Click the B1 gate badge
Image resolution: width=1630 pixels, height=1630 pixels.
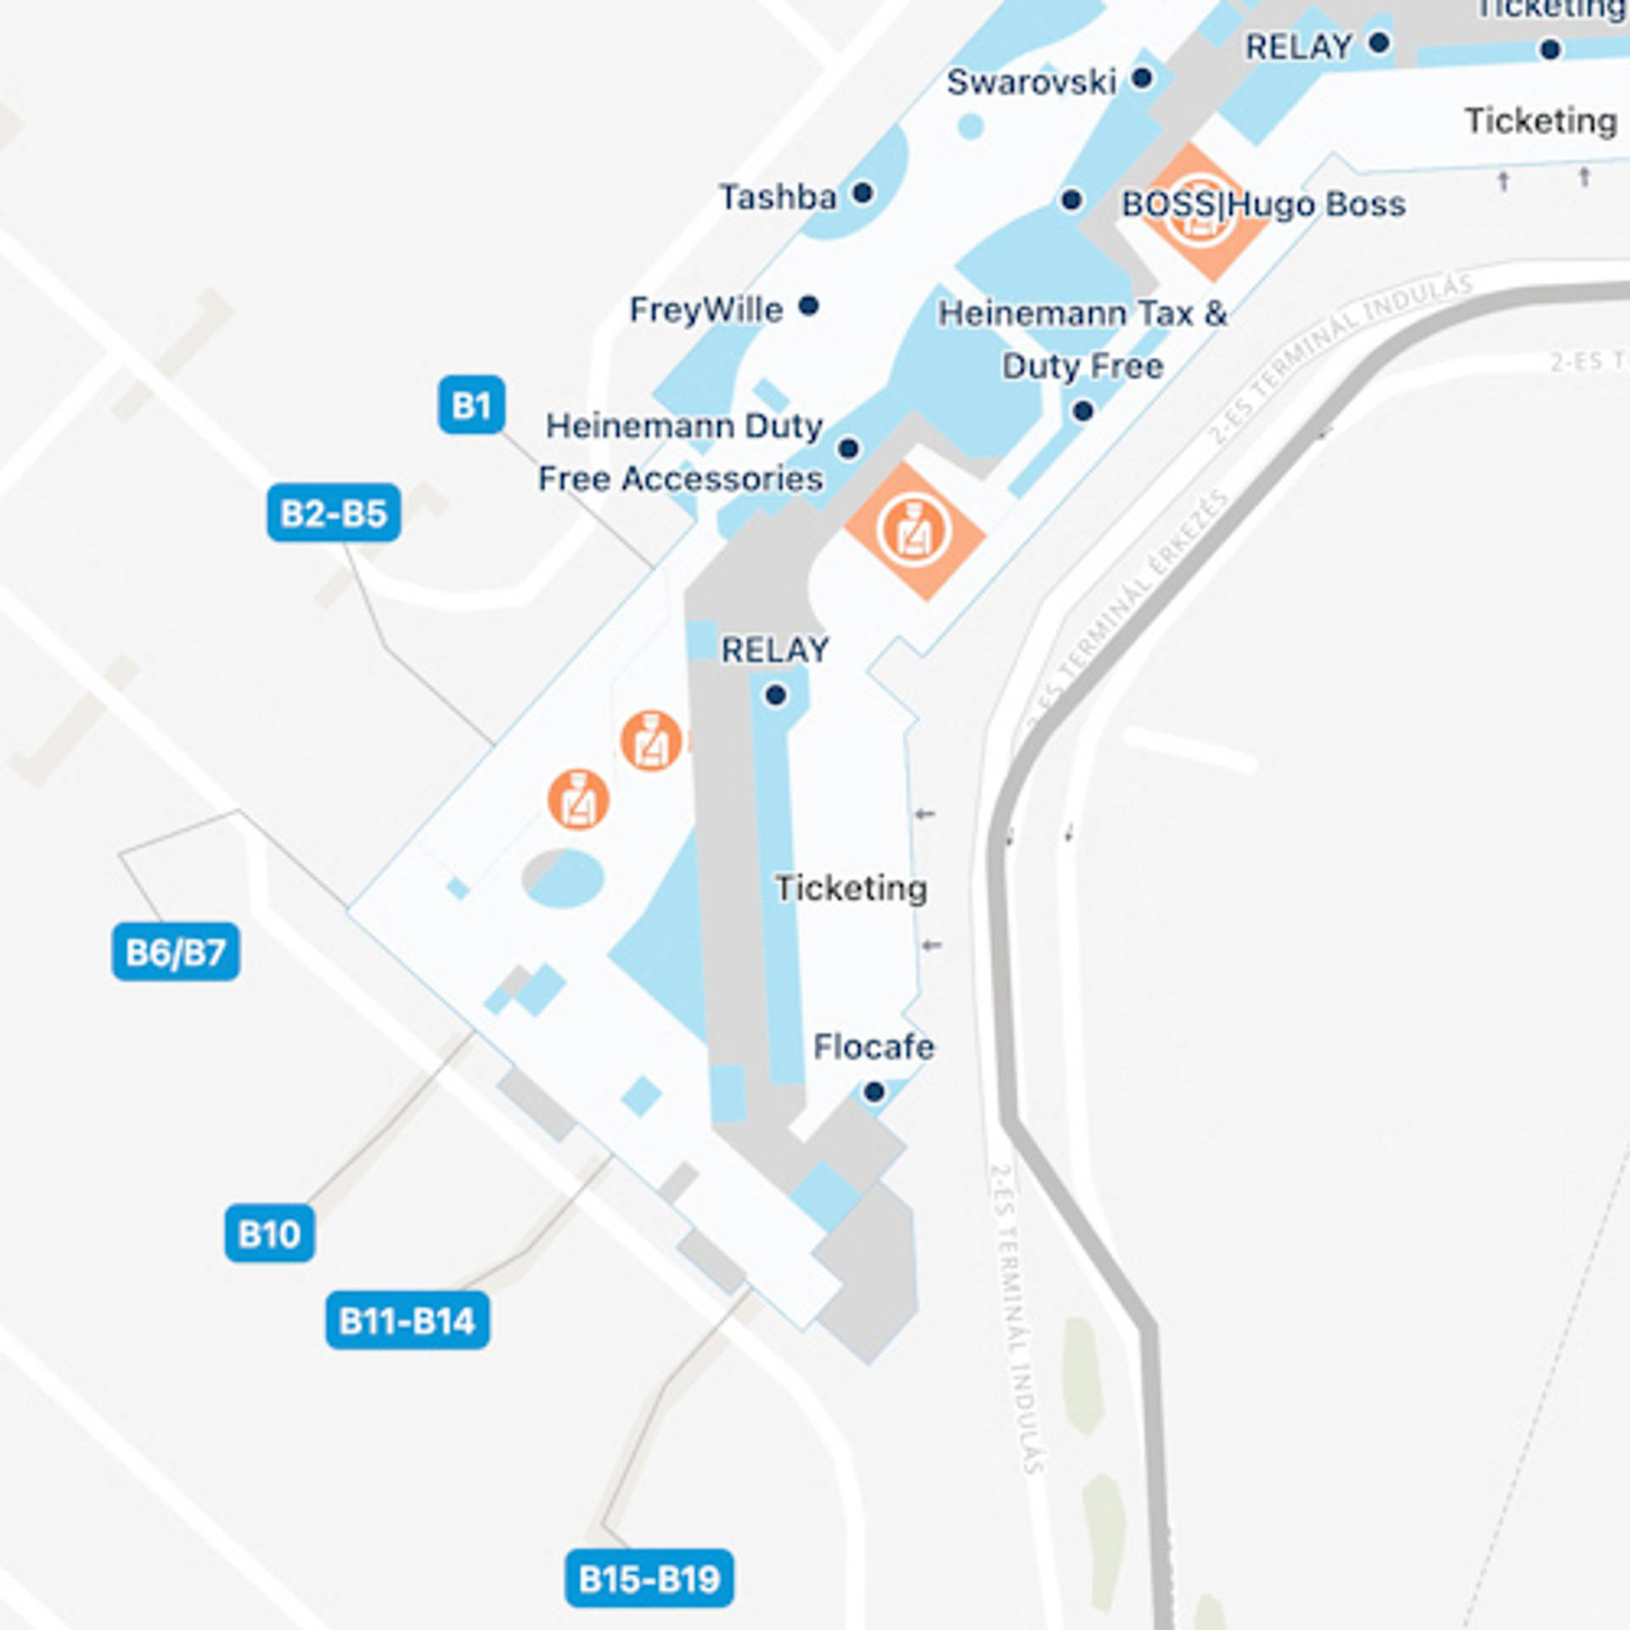(x=471, y=405)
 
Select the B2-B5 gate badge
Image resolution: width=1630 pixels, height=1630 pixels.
(x=334, y=513)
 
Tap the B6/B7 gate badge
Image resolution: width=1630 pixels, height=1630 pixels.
(x=176, y=952)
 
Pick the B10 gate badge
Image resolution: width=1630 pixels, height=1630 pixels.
(x=269, y=1233)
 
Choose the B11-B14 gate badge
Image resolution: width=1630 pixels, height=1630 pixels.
(x=407, y=1320)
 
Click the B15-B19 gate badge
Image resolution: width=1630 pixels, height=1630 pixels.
(x=649, y=1578)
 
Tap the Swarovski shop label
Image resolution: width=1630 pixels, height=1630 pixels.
(x=1031, y=82)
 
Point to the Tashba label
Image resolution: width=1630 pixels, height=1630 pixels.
(x=778, y=197)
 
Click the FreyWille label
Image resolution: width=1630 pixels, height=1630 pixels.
(x=705, y=309)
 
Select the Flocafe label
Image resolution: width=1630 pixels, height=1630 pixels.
(x=874, y=1047)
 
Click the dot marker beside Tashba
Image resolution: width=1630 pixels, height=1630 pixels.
(x=863, y=193)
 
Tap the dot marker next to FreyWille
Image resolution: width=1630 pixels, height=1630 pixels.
(x=808, y=305)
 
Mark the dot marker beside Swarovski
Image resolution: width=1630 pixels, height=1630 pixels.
(x=1143, y=78)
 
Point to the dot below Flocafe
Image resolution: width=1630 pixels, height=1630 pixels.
(x=874, y=1092)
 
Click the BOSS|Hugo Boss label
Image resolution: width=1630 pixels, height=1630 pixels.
(x=1263, y=204)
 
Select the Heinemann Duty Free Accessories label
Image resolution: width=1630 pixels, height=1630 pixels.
(x=681, y=452)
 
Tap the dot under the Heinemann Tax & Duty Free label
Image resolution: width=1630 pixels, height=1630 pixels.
(x=1082, y=411)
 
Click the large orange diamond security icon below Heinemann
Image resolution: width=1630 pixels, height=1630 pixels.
(x=914, y=532)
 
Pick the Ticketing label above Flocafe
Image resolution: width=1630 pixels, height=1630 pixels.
(x=851, y=888)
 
